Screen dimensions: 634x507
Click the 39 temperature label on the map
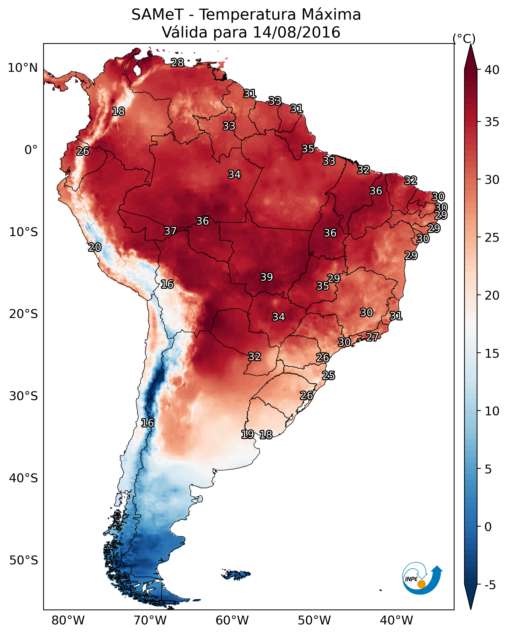267,277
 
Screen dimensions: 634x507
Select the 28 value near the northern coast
177,63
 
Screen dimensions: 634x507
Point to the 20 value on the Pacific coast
95,247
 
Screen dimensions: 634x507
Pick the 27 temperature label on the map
372,337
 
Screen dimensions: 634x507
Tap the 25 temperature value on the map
328,376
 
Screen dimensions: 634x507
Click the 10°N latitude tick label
23,68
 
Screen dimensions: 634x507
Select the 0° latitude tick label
31,150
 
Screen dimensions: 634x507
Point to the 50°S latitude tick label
24,560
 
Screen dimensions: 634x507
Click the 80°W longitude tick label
68,620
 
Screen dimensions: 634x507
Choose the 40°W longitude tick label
396,620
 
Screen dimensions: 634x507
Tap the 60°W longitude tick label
232,620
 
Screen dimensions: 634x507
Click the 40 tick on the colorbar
492,70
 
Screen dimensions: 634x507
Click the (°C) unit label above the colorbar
464,38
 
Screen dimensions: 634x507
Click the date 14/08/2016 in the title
296,32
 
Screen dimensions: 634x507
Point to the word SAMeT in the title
157,15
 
